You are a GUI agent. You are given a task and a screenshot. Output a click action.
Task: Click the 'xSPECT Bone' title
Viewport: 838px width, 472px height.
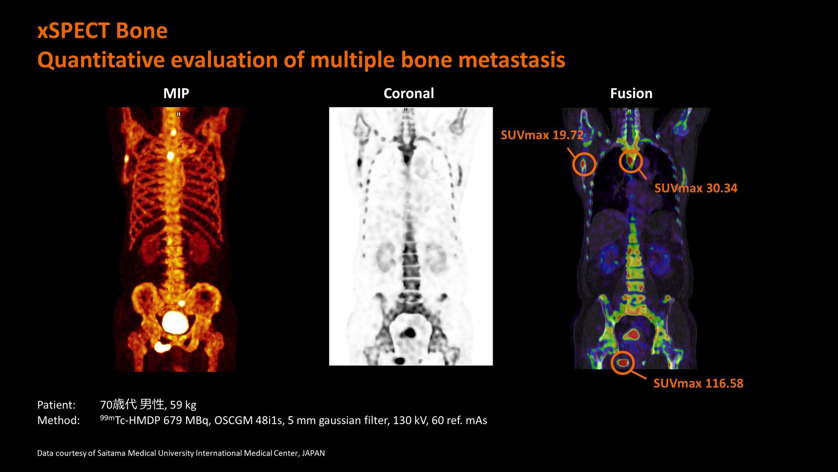(x=102, y=31)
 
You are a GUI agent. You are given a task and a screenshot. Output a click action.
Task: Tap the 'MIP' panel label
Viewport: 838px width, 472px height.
(x=176, y=93)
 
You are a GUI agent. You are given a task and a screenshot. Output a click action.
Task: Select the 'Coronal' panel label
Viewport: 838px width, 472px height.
(x=408, y=93)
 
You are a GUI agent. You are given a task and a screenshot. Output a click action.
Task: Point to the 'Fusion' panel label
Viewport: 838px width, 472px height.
(x=631, y=93)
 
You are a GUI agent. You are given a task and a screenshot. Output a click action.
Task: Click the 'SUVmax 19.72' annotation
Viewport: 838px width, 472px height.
(x=542, y=135)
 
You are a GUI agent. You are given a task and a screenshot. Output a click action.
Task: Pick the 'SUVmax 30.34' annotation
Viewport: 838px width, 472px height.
(x=696, y=188)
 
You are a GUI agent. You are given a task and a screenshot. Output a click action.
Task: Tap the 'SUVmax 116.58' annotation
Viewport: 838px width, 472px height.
(x=698, y=383)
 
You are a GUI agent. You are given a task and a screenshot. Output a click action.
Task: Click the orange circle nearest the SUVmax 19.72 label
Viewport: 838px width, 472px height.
(x=583, y=164)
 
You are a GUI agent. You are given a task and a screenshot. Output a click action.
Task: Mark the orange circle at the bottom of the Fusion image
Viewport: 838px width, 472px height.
(x=623, y=363)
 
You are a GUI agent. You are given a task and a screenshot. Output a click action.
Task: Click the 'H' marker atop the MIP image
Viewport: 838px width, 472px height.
(x=178, y=114)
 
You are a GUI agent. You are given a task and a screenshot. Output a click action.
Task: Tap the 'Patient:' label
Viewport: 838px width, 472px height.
(x=56, y=405)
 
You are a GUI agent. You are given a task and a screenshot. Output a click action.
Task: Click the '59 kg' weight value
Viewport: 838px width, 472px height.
(x=183, y=405)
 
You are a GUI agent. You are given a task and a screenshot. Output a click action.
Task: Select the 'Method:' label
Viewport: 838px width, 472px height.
(x=59, y=420)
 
